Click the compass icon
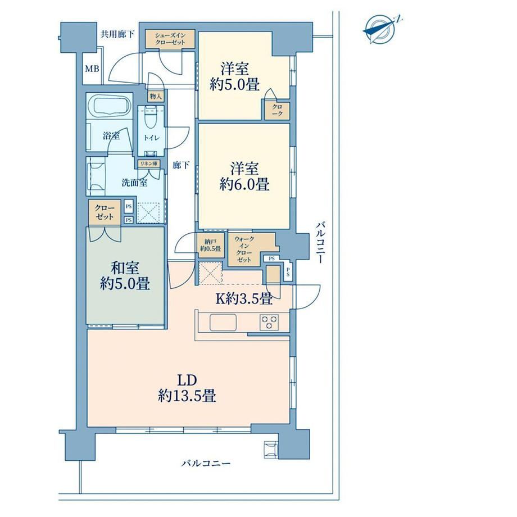coord(381,29)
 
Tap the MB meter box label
coord(92,69)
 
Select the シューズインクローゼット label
coord(170,39)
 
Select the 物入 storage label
coord(156,96)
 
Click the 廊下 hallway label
coord(181,165)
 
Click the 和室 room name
coord(125,268)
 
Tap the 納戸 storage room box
coord(210,245)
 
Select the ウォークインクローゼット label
coord(244,250)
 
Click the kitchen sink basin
coord(223,322)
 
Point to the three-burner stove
coord(269,322)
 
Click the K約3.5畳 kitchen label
coord(244,299)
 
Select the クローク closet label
coord(277,110)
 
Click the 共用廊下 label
coord(117,34)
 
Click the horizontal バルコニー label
coord(206,464)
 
